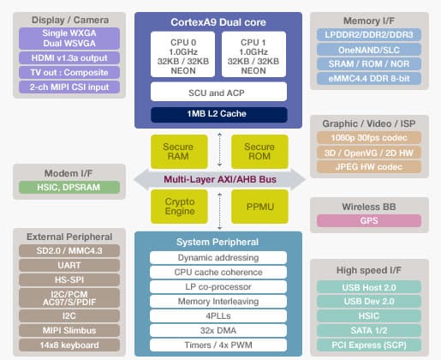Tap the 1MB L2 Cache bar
coord(218,113)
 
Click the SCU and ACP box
coord(218,91)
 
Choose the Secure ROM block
coord(259,151)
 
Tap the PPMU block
coord(259,204)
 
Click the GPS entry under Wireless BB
coord(369,220)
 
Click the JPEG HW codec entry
coord(369,165)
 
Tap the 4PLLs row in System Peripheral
coord(218,315)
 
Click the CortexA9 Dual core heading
coord(217,21)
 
